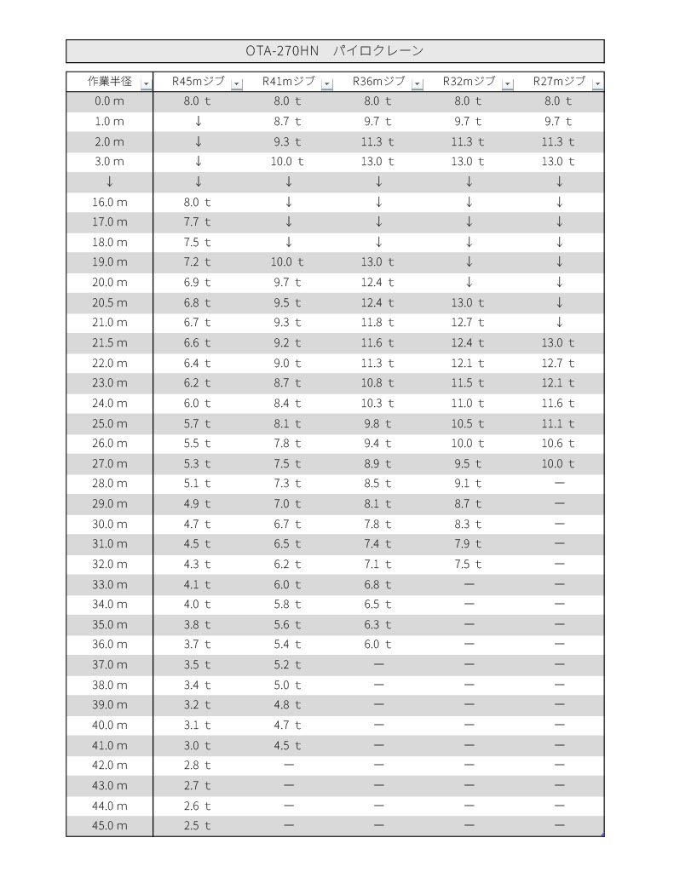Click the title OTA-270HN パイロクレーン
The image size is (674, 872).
[x=334, y=51]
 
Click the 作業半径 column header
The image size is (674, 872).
[x=110, y=82]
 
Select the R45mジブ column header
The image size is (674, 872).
[x=198, y=82]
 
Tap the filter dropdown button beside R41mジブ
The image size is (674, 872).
[x=327, y=83]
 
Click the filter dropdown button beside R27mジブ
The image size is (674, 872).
[x=597, y=83]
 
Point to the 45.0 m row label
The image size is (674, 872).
[x=110, y=826]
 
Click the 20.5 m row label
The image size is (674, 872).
[x=110, y=302]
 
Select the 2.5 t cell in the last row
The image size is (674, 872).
[x=198, y=826]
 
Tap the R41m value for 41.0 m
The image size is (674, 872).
[x=288, y=746]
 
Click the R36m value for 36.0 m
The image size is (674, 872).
[x=378, y=645]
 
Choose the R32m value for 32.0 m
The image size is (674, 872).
[x=469, y=564]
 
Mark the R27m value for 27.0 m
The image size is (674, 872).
[x=559, y=463]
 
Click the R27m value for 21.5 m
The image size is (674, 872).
[x=559, y=343]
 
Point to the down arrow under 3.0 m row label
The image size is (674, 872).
[x=110, y=181]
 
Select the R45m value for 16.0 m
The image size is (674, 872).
[x=198, y=202]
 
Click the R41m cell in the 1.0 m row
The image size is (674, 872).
[x=288, y=122]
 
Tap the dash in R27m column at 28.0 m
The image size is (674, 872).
[x=559, y=484]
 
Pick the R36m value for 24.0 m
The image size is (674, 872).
[x=378, y=403]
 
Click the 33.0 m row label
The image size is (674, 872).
[x=110, y=584]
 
